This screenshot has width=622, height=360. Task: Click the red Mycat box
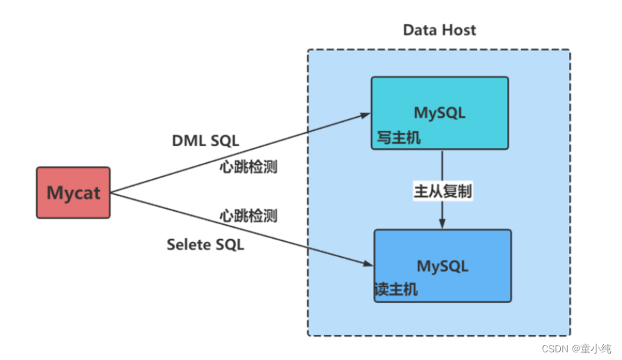pyautogui.click(x=73, y=192)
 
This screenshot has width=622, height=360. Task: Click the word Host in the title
pyautogui.click(x=460, y=30)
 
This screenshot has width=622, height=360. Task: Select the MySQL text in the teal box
pyautogui.click(x=440, y=112)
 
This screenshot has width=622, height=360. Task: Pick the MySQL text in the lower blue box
pyautogui.click(x=442, y=265)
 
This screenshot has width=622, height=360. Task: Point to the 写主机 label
pyautogui.click(x=399, y=138)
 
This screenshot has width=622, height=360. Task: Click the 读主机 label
pyautogui.click(x=397, y=290)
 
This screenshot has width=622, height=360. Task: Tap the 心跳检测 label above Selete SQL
pyautogui.click(x=249, y=215)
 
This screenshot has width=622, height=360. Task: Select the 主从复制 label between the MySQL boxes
pyautogui.click(x=443, y=193)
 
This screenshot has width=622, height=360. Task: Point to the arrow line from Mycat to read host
pyautogui.click(x=237, y=228)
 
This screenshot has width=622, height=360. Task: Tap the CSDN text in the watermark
pyautogui.click(x=555, y=346)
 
